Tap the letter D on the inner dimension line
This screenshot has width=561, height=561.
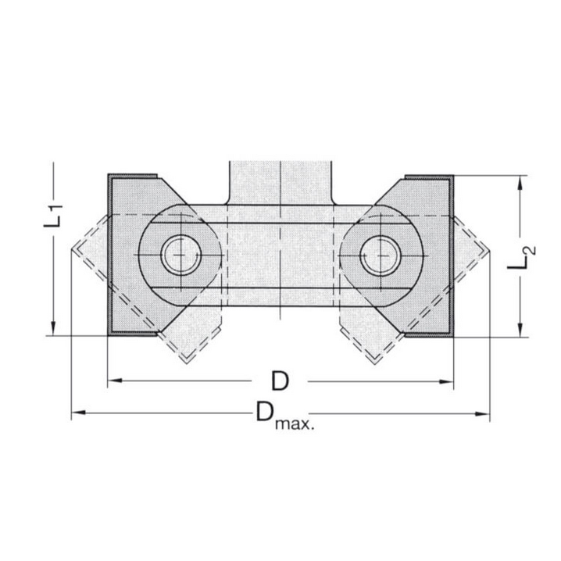[280, 381]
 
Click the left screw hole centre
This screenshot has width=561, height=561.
[180, 254]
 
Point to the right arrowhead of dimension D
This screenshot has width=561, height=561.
[448, 381]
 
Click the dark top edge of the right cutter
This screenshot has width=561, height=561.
[428, 176]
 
